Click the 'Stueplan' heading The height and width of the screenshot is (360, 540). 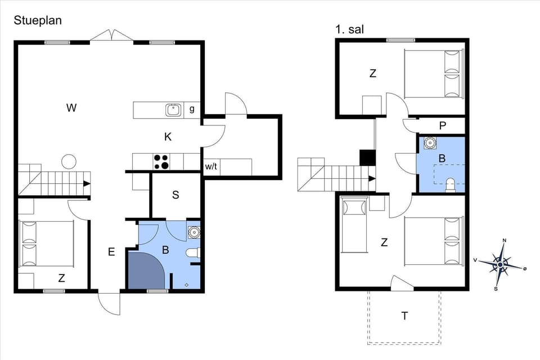[x=38, y=20]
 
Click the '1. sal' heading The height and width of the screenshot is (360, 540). [x=349, y=29]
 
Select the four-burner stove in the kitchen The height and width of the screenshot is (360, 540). [x=161, y=161]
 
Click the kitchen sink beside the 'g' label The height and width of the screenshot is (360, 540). [x=173, y=110]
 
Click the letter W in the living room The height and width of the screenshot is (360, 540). [x=71, y=108]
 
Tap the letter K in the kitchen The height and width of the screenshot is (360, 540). [x=168, y=137]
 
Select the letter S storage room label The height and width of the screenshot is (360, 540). [x=175, y=195]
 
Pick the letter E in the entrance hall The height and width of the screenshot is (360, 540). [x=111, y=252]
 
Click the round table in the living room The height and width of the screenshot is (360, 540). [x=69, y=161]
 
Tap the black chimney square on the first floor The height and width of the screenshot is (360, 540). [x=367, y=157]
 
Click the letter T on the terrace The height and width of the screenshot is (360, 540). [x=404, y=316]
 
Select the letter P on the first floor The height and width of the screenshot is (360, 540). [x=443, y=125]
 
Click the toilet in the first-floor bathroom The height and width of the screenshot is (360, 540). [x=450, y=184]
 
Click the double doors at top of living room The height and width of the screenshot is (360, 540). [x=112, y=35]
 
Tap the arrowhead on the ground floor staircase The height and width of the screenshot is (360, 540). [x=87, y=183]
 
